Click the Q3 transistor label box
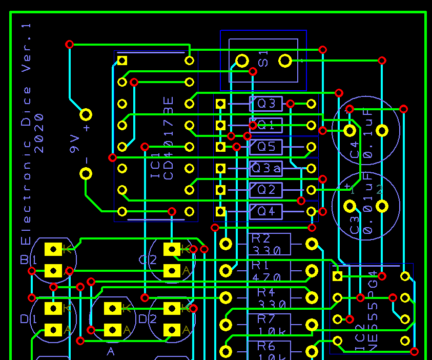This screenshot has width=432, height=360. tap(266, 104)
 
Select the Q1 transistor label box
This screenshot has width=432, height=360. tap(266, 125)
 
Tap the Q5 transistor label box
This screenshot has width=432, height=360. tap(266, 147)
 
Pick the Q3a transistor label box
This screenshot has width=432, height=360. tap(266, 168)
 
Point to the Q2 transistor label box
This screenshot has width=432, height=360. tap(266, 190)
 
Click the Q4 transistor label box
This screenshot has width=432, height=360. tap(266, 211)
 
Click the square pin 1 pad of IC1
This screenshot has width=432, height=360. tap(122, 61)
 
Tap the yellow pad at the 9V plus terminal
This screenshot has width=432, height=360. tap(86, 114)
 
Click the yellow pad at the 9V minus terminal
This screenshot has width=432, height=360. tap(86, 173)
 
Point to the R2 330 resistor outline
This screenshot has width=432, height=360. tap(269, 244)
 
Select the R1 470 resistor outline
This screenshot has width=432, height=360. tap(269, 271)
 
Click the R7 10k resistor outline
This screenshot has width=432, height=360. tap(269, 324)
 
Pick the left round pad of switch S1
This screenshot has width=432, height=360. tap(242, 62)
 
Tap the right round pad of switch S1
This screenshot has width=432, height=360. tap(285, 62)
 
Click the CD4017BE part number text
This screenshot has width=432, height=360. tap(168, 137)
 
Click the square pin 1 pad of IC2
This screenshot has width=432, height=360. tap(337, 276)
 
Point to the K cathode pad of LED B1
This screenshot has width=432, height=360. tap(53, 249)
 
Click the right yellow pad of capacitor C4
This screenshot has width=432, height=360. tap(382, 130)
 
